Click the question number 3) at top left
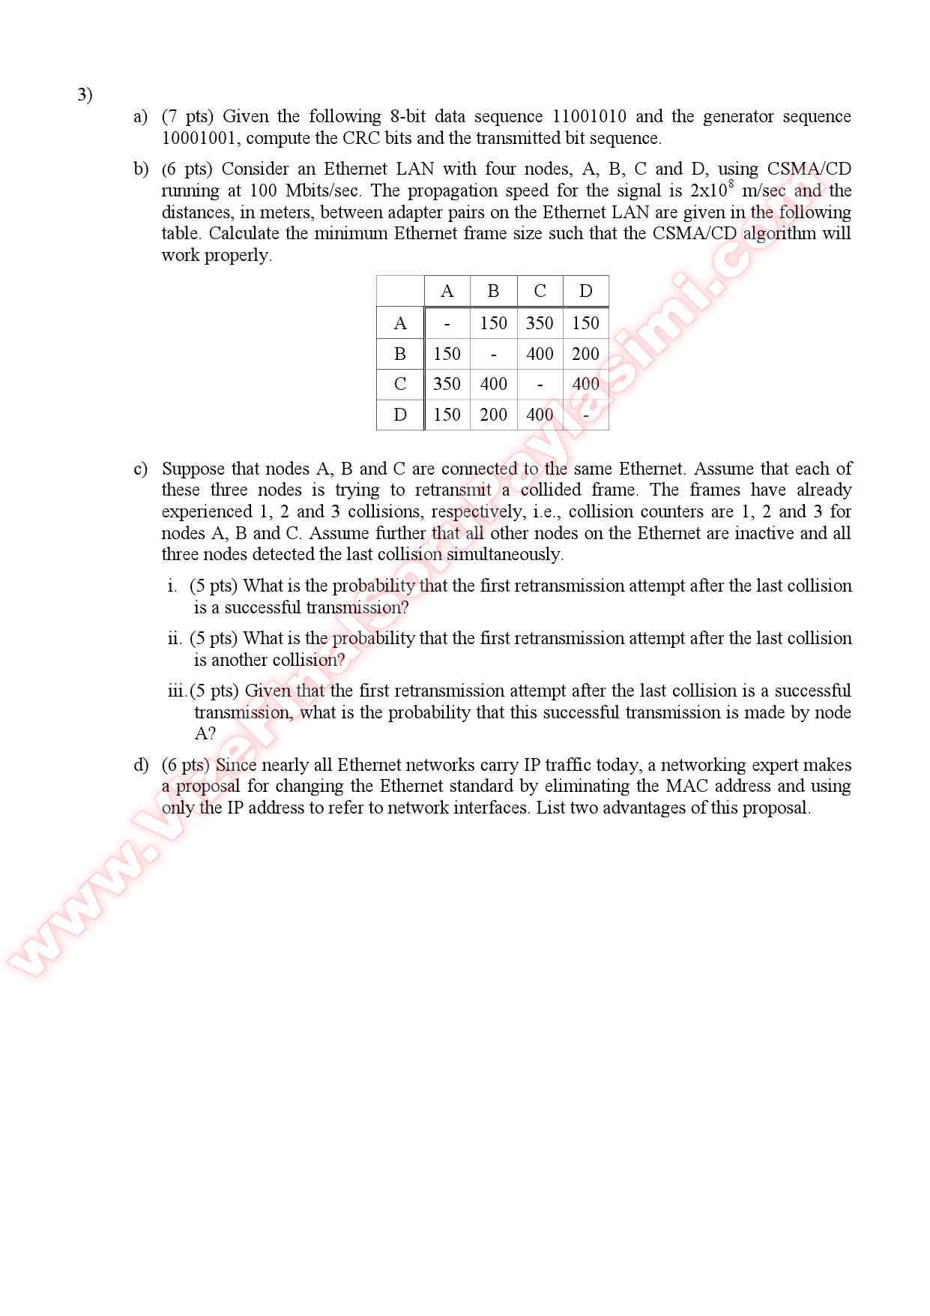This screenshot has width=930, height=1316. click(x=85, y=94)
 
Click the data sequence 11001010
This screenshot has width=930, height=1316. click(x=589, y=116)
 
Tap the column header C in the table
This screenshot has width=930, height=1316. click(x=540, y=291)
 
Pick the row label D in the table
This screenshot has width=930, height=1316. click(x=400, y=415)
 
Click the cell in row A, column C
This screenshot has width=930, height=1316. click(x=540, y=323)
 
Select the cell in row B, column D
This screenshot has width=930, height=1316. click(x=585, y=354)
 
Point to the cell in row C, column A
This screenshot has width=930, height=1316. click(x=447, y=384)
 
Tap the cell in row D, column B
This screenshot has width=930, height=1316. click(x=493, y=415)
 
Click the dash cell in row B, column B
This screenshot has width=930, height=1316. click(x=493, y=354)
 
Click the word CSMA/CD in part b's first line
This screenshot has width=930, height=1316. click(x=809, y=169)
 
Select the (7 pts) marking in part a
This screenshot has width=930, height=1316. click(x=187, y=116)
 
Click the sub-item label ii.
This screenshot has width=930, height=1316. click(x=175, y=638)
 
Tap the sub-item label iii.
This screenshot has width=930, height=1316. click(x=177, y=691)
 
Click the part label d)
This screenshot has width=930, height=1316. click(x=141, y=765)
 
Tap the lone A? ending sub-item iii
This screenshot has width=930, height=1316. click(x=205, y=733)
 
